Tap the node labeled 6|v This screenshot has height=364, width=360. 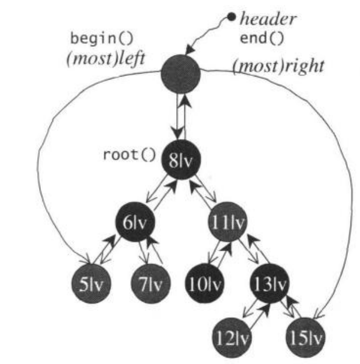(134, 223)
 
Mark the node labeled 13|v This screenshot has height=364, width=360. (269, 285)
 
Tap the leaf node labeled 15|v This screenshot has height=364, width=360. (305, 337)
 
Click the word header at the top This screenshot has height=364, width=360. (268, 19)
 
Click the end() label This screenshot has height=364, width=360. (262, 40)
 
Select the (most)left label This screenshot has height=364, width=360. (103, 59)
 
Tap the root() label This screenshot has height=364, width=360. (130, 155)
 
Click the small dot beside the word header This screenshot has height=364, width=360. (232, 16)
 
